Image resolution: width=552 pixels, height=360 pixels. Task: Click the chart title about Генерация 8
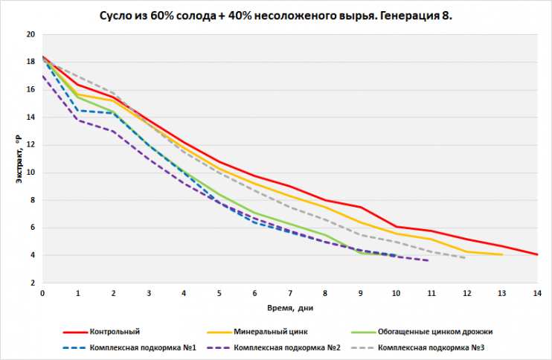(275, 16)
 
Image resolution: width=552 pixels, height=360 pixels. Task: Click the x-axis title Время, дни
(289, 306)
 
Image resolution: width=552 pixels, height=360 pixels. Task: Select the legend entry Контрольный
(114, 331)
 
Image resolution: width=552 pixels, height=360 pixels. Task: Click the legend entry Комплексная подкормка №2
(288, 347)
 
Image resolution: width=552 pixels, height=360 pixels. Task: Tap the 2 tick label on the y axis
(32, 283)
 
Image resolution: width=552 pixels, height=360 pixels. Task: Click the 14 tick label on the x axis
(536, 293)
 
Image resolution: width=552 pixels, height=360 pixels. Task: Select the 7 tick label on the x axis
(289, 293)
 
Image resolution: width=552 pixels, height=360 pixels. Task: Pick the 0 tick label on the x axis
(42, 293)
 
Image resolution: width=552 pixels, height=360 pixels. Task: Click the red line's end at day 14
(536, 254)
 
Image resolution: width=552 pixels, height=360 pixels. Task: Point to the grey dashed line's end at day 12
(466, 257)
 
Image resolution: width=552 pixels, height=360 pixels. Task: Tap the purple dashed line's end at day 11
(430, 260)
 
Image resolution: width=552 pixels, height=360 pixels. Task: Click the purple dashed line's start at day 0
(42, 76)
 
